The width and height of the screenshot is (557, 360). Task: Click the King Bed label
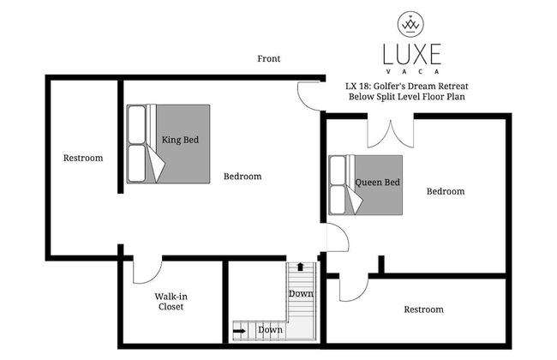coord(180,140)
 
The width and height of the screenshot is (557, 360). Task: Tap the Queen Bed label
coord(378,183)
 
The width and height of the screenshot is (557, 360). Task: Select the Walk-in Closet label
coord(171,302)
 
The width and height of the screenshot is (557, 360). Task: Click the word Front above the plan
coord(268,58)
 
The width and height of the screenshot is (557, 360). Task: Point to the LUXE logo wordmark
coord(412,54)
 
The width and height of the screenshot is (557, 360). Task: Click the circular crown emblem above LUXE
coord(411,24)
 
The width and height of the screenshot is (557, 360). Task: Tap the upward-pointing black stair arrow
coord(301,267)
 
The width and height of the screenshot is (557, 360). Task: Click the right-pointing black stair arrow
coord(240,331)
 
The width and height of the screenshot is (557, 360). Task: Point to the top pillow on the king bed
coord(137,124)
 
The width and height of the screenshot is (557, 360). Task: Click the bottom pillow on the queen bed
coord(338,200)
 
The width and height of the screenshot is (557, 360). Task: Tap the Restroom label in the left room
coord(83,158)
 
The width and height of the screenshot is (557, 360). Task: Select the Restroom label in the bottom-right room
coord(424,309)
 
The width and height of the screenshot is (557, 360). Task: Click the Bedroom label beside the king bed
coord(243,177)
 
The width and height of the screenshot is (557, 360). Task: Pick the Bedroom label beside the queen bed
coord(446,191)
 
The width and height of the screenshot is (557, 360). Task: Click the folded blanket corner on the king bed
coord(156,165)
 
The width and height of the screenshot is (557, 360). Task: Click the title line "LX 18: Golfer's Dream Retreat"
coord(407,86)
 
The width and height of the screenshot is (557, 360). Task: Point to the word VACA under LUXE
coord(412,71)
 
